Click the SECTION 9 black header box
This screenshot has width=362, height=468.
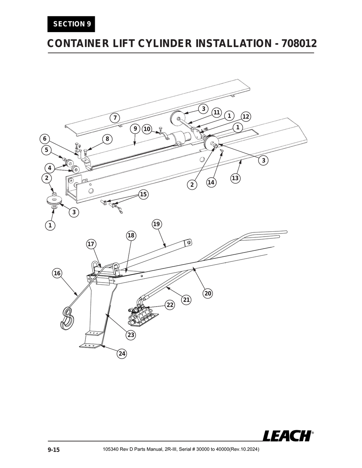71,24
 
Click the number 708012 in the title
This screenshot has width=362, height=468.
299,43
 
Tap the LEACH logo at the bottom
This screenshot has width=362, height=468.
287,436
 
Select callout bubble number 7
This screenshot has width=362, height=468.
114,118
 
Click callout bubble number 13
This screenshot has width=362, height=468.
235,178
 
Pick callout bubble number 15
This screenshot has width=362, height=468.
143,195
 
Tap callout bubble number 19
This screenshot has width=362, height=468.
157,224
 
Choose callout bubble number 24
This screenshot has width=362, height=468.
122,354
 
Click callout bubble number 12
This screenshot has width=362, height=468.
246,117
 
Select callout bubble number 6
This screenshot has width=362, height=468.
45,138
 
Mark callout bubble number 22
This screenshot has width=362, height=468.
170,305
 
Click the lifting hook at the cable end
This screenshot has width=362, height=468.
67,318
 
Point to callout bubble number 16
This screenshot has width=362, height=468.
57,273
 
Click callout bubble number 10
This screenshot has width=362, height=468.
147,129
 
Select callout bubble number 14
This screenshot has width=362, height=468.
211,182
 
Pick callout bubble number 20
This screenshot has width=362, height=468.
208,293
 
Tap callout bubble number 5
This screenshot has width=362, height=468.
46,150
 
